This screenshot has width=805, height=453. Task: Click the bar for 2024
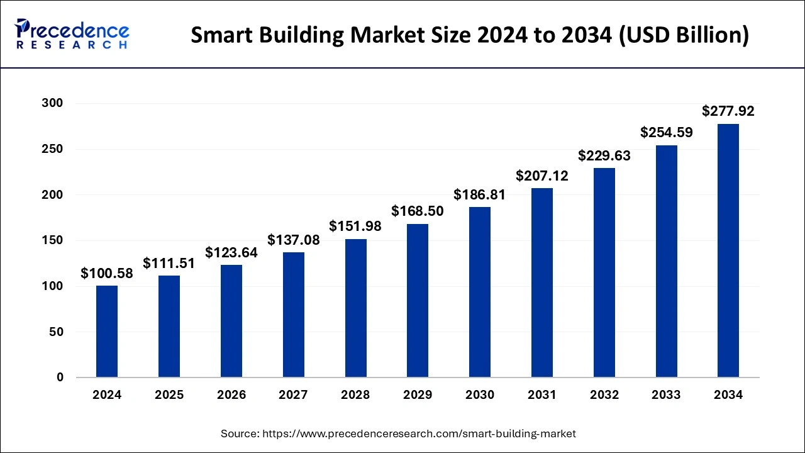(x=107, y=332)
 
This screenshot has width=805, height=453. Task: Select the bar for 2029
(x=418, y=301)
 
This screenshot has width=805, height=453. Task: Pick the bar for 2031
(x=542, y=282)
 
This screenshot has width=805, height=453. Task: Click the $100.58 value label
(x=107, y=274)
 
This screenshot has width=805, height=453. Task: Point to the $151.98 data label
(x=355, y=226)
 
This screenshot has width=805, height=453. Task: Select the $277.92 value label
(x=728, y=112)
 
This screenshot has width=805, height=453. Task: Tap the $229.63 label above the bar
(x=604, y=155)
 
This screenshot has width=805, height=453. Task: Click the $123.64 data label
(x=231, y=253)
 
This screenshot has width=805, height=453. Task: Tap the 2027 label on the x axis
(x=293, y=395)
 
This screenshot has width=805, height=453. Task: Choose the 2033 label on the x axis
(x=666, y=395)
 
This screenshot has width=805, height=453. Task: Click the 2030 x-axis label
(x=480, y=395)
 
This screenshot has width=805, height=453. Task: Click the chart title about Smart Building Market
(x=470, y=36)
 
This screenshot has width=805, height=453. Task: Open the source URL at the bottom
(x=398, y=433)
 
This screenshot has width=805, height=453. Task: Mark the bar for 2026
(x=231, y=321)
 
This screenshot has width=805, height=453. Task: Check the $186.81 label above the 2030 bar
(x=480, y=195)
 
